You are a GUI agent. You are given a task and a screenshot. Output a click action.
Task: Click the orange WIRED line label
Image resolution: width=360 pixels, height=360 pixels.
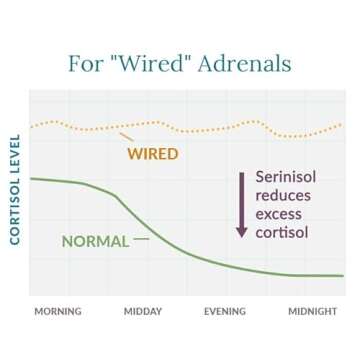pos(151,154)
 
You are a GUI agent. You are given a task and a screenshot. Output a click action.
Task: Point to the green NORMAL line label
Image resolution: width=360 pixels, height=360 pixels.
pos(96,241)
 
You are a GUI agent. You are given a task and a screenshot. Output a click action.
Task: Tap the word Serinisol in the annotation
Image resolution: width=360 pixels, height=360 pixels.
pos(285,177)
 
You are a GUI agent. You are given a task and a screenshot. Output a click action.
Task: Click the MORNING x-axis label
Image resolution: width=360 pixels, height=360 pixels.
pos(58,311)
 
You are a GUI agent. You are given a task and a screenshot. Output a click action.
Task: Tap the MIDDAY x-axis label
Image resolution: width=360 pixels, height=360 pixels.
pos(144,311)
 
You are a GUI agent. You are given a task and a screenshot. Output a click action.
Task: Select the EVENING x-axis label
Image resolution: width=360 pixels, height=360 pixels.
pos(226,311)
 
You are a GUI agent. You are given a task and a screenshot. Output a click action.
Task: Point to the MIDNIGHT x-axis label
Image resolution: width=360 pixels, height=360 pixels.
pos(312,311)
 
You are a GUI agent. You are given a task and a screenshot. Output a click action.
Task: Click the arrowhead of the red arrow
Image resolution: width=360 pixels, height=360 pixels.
pos(240,231)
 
